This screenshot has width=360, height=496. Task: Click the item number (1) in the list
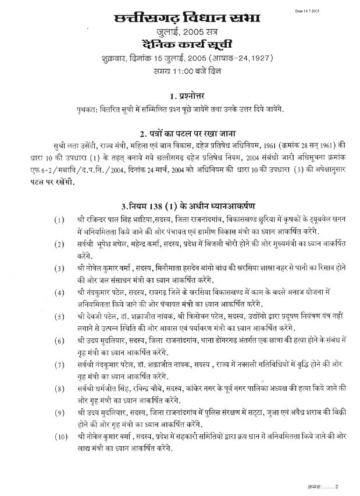(x=59, y=222)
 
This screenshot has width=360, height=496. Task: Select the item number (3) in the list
(x=59, y=269)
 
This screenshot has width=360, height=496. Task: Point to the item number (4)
(x=59, y=292)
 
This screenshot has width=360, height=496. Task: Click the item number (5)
(x=59, y=316)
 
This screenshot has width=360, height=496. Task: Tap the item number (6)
(x=59, y=340)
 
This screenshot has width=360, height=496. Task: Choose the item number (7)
(x=59, y=365)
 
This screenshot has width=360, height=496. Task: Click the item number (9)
(x=59, y=413)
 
